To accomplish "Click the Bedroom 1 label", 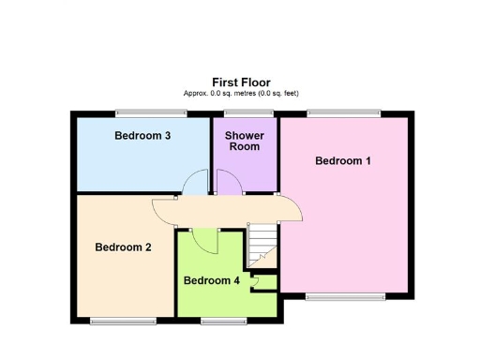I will [343, 161].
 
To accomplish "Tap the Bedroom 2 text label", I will [124, 247].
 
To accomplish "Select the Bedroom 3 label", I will [142, 136].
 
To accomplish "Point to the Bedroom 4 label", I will [211, 280].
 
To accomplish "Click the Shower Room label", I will [245, 141].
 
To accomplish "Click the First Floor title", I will [242, 82].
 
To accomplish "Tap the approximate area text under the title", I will [242, 94].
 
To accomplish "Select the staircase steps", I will [262, 244].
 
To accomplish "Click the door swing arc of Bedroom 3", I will [195, 182].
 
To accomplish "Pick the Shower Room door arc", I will [228, 182].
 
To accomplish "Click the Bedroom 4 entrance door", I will [208, 242].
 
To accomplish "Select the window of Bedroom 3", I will [151, 113].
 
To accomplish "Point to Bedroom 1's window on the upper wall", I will [344, 113].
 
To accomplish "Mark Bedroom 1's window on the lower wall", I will [345, 296].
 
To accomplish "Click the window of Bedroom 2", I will [124, 321].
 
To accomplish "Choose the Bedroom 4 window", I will [221, 321].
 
